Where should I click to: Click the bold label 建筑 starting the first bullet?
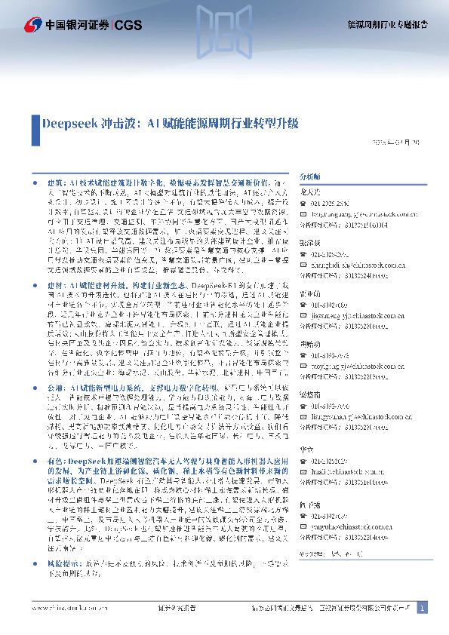click(54, 183)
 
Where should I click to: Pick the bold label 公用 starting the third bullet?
click(54, 386)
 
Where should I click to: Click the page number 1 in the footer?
click(422, 607)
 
